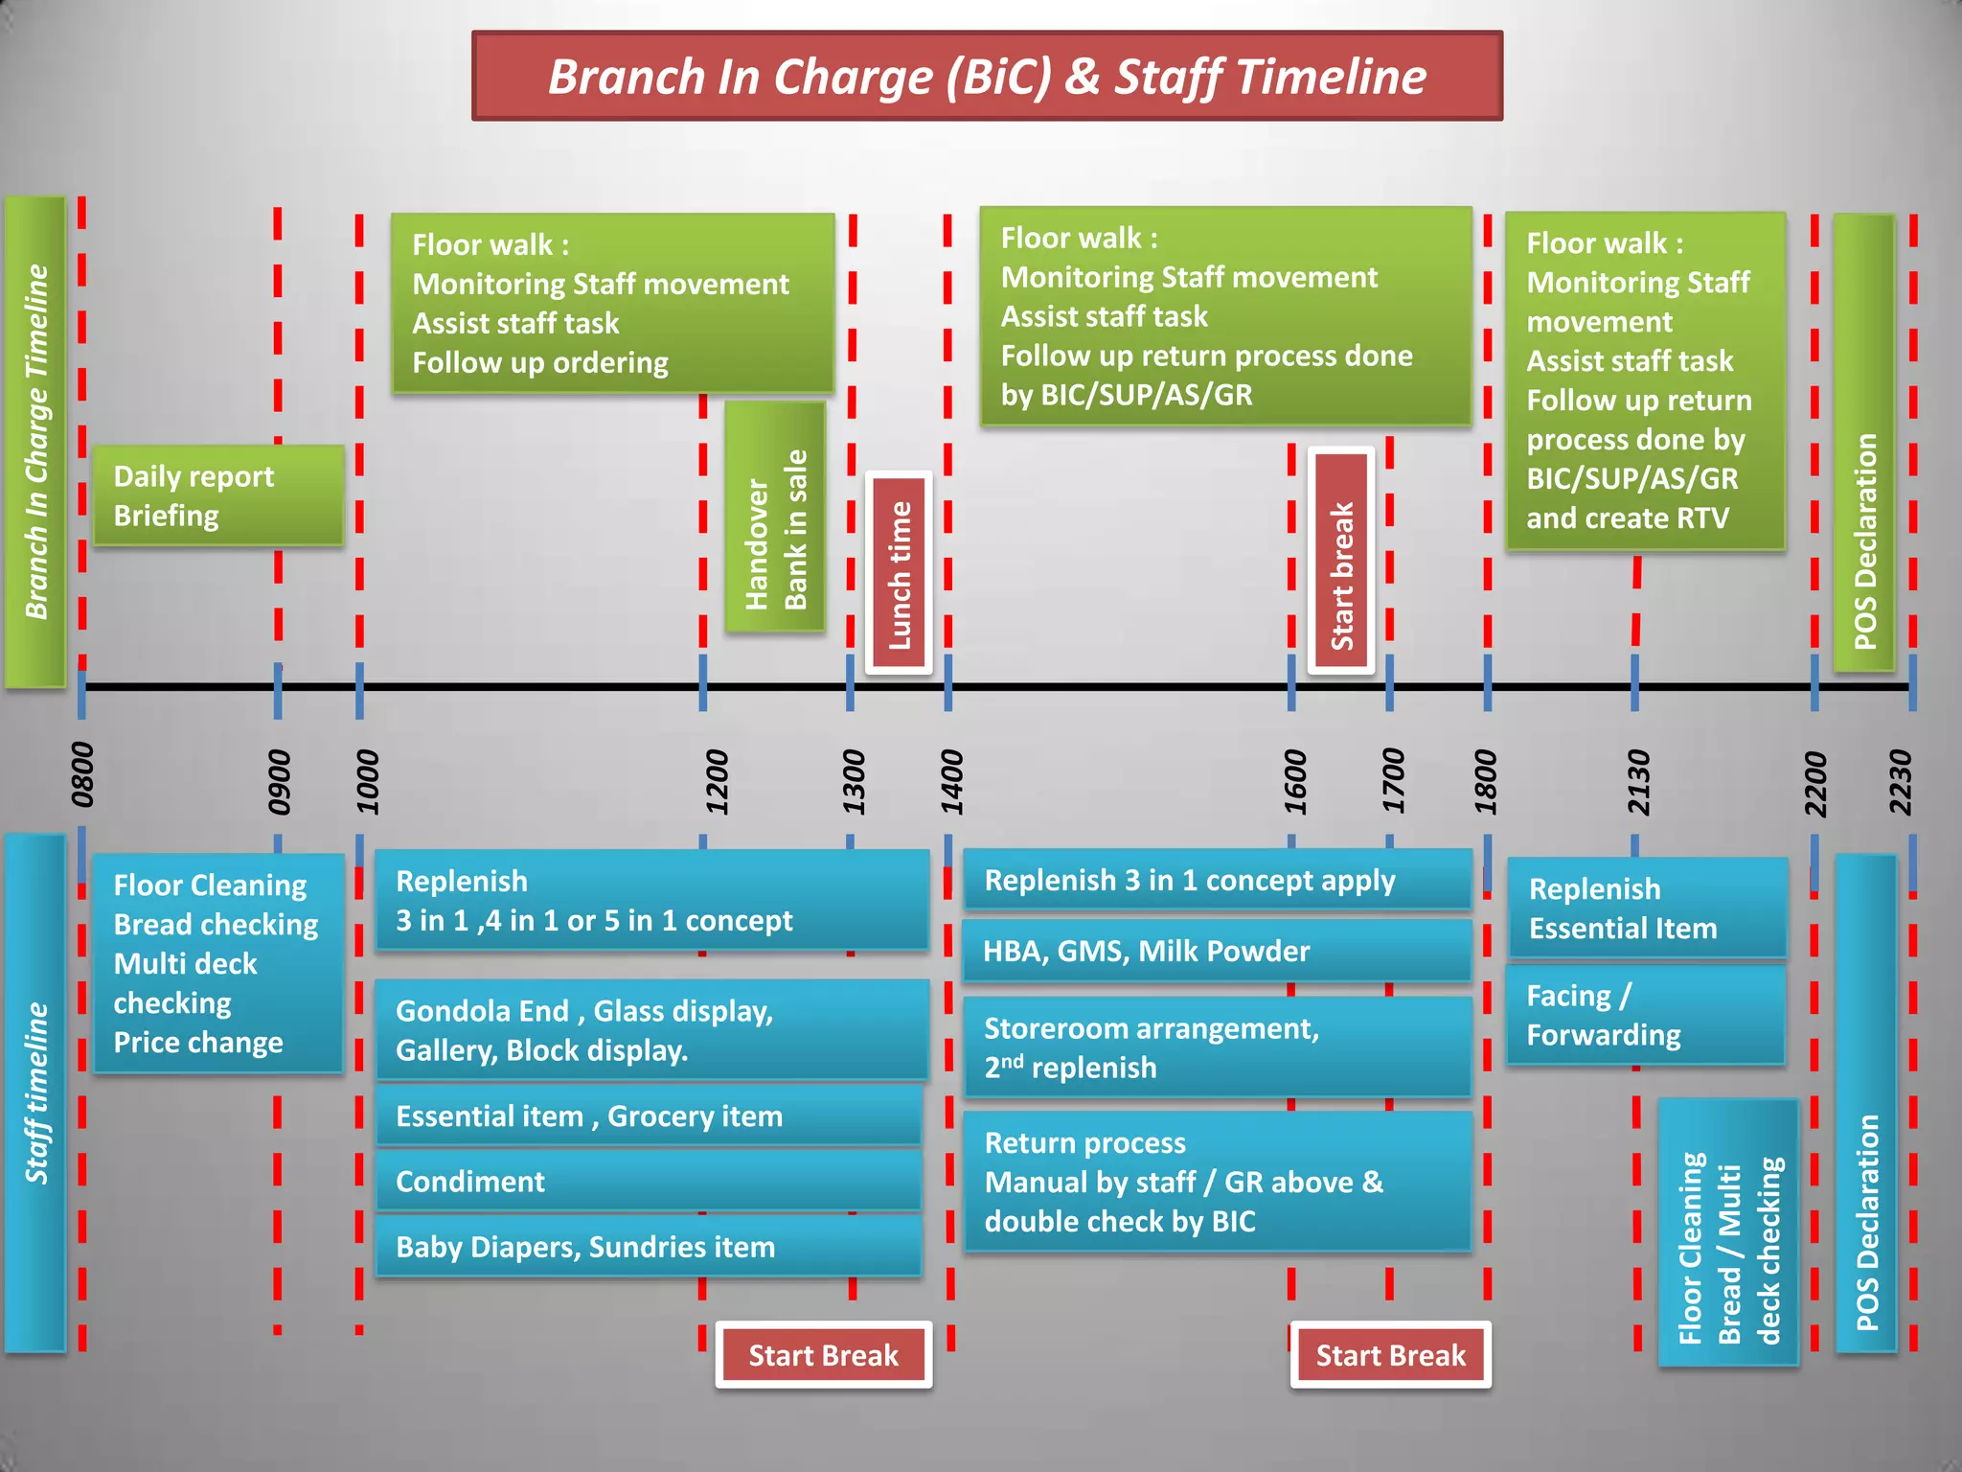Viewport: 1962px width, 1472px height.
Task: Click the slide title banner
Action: coord(987,77)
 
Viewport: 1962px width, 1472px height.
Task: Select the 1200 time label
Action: coord(717,782)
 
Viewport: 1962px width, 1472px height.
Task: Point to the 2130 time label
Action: coord(1639,782)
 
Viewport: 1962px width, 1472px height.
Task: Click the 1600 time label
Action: coord(1295,782)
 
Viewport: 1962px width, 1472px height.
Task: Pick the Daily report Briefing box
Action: coord(218,495)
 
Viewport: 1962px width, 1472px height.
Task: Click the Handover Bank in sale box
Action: coord(775,517)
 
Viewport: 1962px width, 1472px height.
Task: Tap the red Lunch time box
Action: coord(899,573)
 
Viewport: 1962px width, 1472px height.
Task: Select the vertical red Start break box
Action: coord(1341,562)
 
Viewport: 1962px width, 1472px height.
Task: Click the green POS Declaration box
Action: coord(1864,443)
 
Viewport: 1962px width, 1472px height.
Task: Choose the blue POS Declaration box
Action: coord(1866,1102)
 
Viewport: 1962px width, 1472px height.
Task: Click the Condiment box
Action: coord(649,1182)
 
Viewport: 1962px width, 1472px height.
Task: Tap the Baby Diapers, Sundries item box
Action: coord(649,1247)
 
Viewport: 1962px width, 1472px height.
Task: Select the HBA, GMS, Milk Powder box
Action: coord(1217,951)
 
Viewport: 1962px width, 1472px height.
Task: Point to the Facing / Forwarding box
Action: coord(1646,1015)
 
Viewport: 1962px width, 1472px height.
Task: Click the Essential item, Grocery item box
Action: coord(649,1116)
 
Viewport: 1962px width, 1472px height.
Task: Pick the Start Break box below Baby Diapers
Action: coord(824,1355)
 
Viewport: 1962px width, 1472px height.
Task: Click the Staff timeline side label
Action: coord(35,1092)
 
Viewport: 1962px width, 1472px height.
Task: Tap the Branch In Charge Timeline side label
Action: coord(35,441)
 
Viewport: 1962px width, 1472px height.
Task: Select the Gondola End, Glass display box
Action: coord(651,1030)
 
